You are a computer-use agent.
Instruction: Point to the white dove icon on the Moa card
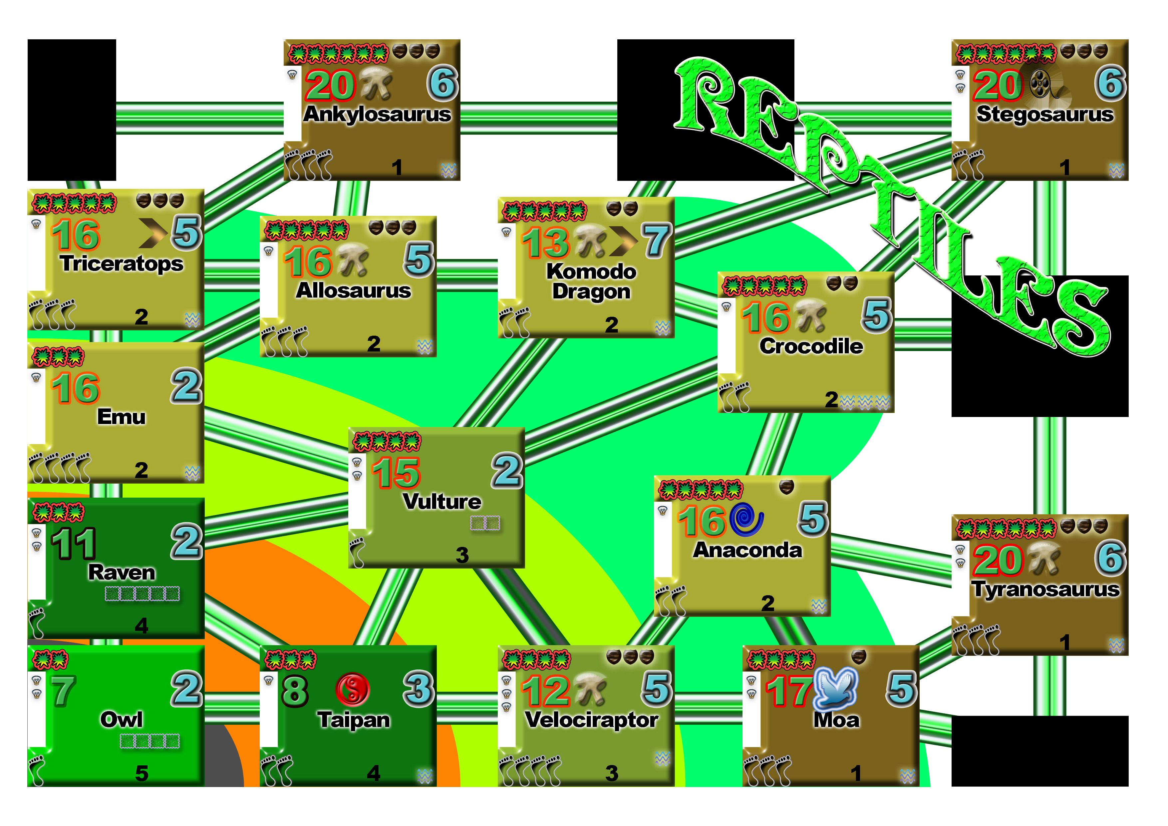[836, 688]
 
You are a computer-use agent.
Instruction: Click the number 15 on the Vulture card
[396, 473]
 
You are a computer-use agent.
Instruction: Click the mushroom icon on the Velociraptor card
[591, 688]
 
